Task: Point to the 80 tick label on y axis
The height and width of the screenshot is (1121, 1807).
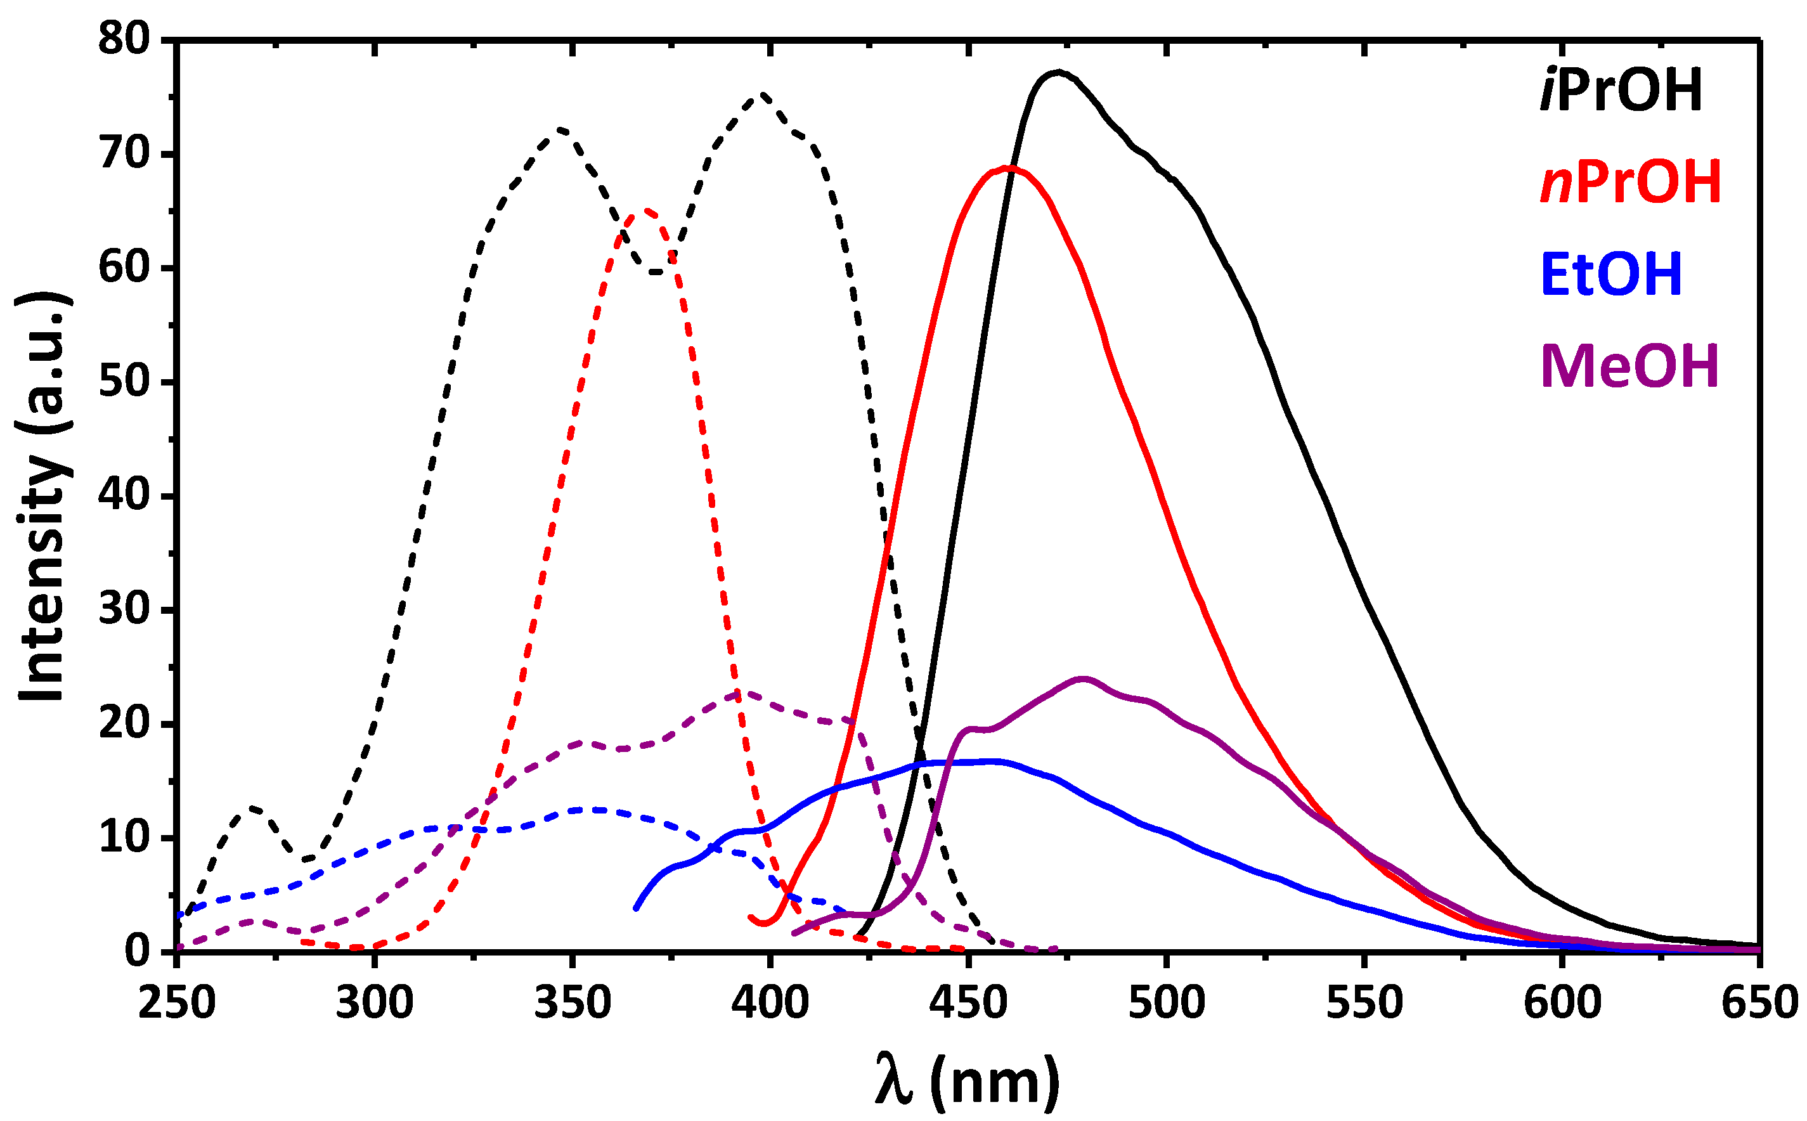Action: tap(124, 38)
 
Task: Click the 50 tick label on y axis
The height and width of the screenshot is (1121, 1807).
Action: tap(124, 382)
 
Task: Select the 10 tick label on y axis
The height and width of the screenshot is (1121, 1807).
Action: tap(124, 838)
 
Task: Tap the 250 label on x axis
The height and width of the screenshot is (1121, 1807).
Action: tap(177, 1002)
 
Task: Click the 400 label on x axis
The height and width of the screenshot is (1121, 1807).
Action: tap(770, 1002)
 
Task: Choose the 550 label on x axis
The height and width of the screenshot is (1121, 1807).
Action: tap(1364, 1002)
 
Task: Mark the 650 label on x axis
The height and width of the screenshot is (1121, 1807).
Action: tap(1759, 1002)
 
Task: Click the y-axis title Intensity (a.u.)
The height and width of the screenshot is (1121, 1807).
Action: tap(43, 495)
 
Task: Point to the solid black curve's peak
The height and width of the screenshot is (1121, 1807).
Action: tap(1058, 72)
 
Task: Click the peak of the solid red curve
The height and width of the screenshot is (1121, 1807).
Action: tap(1006, 167)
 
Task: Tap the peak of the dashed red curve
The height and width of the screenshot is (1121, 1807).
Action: tap(646, 211)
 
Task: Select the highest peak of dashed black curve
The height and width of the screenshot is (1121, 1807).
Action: tap(762, 94)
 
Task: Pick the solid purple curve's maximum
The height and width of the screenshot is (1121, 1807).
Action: tap(1084, 678)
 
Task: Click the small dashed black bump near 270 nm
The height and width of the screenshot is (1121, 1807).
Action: tap(254, 807)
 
